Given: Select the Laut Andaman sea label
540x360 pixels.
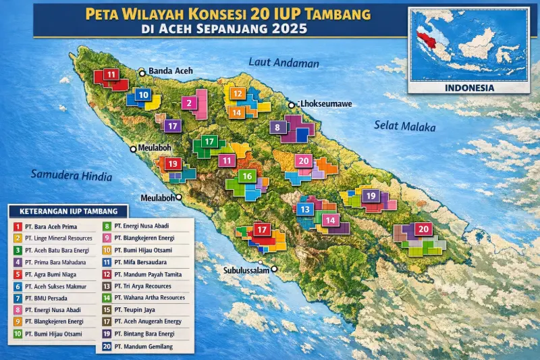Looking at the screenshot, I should (x=283, y=63).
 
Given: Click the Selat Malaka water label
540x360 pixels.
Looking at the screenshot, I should (x=405, y=126).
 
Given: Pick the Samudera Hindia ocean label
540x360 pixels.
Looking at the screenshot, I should (x=70, y=175).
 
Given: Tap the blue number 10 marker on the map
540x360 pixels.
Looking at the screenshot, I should (x=142, y=95).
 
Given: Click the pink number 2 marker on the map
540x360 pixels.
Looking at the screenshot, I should (x=190, y=103).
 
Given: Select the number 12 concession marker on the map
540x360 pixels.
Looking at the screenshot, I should (x=238, y=94).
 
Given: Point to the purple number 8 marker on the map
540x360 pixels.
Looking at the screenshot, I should (x=277, y=127).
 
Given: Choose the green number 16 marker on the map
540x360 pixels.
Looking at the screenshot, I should (x=248, y=176).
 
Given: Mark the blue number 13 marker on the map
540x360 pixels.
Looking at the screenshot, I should (x=306, y=209).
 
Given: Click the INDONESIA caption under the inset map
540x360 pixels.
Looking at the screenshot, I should (x=470, y=88).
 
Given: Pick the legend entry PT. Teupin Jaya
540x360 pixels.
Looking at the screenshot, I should (x=138, y=310).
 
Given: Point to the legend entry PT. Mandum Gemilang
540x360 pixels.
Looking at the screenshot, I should (x=143, y=346).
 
